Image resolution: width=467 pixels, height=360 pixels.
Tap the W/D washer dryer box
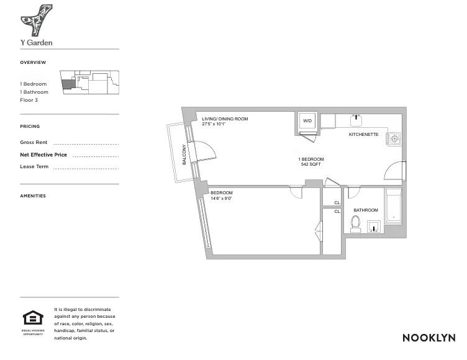(x=308, y=120)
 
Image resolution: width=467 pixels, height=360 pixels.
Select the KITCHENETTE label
(x=363, y=135)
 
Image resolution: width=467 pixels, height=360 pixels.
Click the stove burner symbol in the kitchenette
(x=394, y=137)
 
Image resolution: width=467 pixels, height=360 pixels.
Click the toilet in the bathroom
(x=355, y=223)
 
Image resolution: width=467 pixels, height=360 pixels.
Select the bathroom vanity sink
(x=373, y=225)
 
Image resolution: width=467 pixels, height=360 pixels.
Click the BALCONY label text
(x=184, y=154)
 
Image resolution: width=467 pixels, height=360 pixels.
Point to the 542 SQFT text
(x=311, y=165)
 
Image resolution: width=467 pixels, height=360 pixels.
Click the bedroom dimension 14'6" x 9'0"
(x=220, y=199)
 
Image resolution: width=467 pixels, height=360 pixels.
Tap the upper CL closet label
(x=337, y=203)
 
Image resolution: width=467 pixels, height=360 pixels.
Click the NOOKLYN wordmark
(x=428, y=338)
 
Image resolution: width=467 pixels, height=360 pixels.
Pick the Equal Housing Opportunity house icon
(x=32, y=318)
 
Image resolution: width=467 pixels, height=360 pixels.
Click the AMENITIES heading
(x=33, y=196)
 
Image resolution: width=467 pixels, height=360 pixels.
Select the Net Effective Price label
(x=43, y=155)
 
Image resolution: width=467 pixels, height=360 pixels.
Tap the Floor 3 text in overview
(x=29, y=100)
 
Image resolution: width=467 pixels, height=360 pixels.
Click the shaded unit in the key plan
(x=67, y=84)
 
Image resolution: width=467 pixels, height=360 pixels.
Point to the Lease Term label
(x=34, y=167)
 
